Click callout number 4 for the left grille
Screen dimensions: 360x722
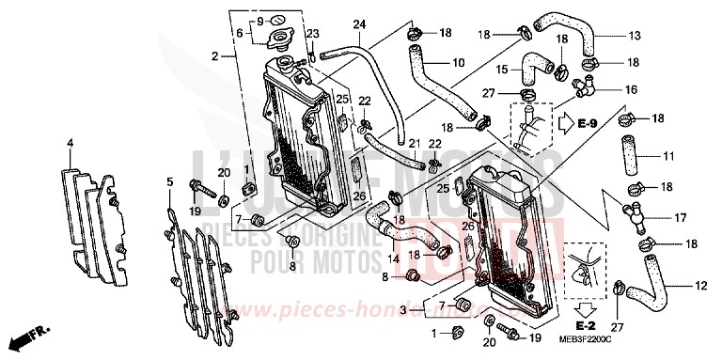click(70, 143)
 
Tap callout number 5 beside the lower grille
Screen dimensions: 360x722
click(168, 180)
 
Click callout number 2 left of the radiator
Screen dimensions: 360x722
click(215, 56)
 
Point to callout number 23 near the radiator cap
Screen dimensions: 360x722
click(312, 33)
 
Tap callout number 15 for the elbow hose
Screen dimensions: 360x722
click(502, 70)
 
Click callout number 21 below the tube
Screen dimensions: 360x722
click(413, 141)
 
